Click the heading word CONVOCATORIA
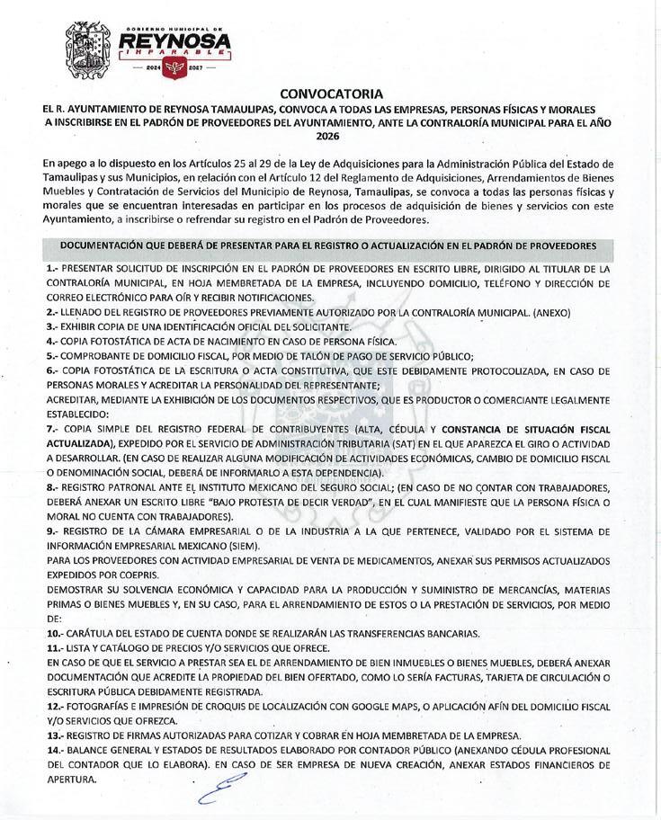[x=332, y=93]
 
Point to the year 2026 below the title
[x=330, y=137]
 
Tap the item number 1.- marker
[x=51, y=269]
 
